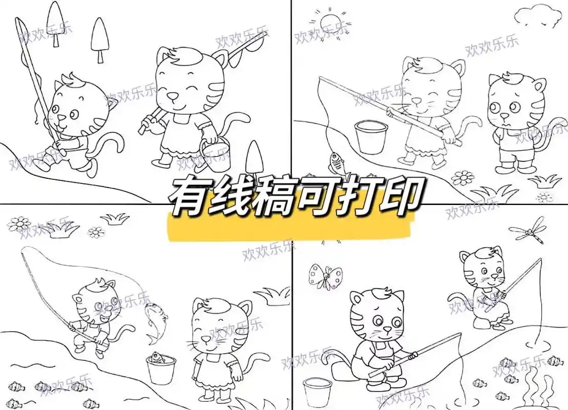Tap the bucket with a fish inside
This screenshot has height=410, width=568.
pyautogui.click(x=160, y=368)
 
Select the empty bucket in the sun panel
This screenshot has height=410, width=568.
pyautogui.click(x=371, y=136)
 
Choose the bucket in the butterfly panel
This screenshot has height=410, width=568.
pyautogui.click(x=318, y=392)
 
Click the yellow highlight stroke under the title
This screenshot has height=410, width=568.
pyautogui.click(x=292, y=228)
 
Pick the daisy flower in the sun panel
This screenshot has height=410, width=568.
pyautogui.click(x=463, y=177)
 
